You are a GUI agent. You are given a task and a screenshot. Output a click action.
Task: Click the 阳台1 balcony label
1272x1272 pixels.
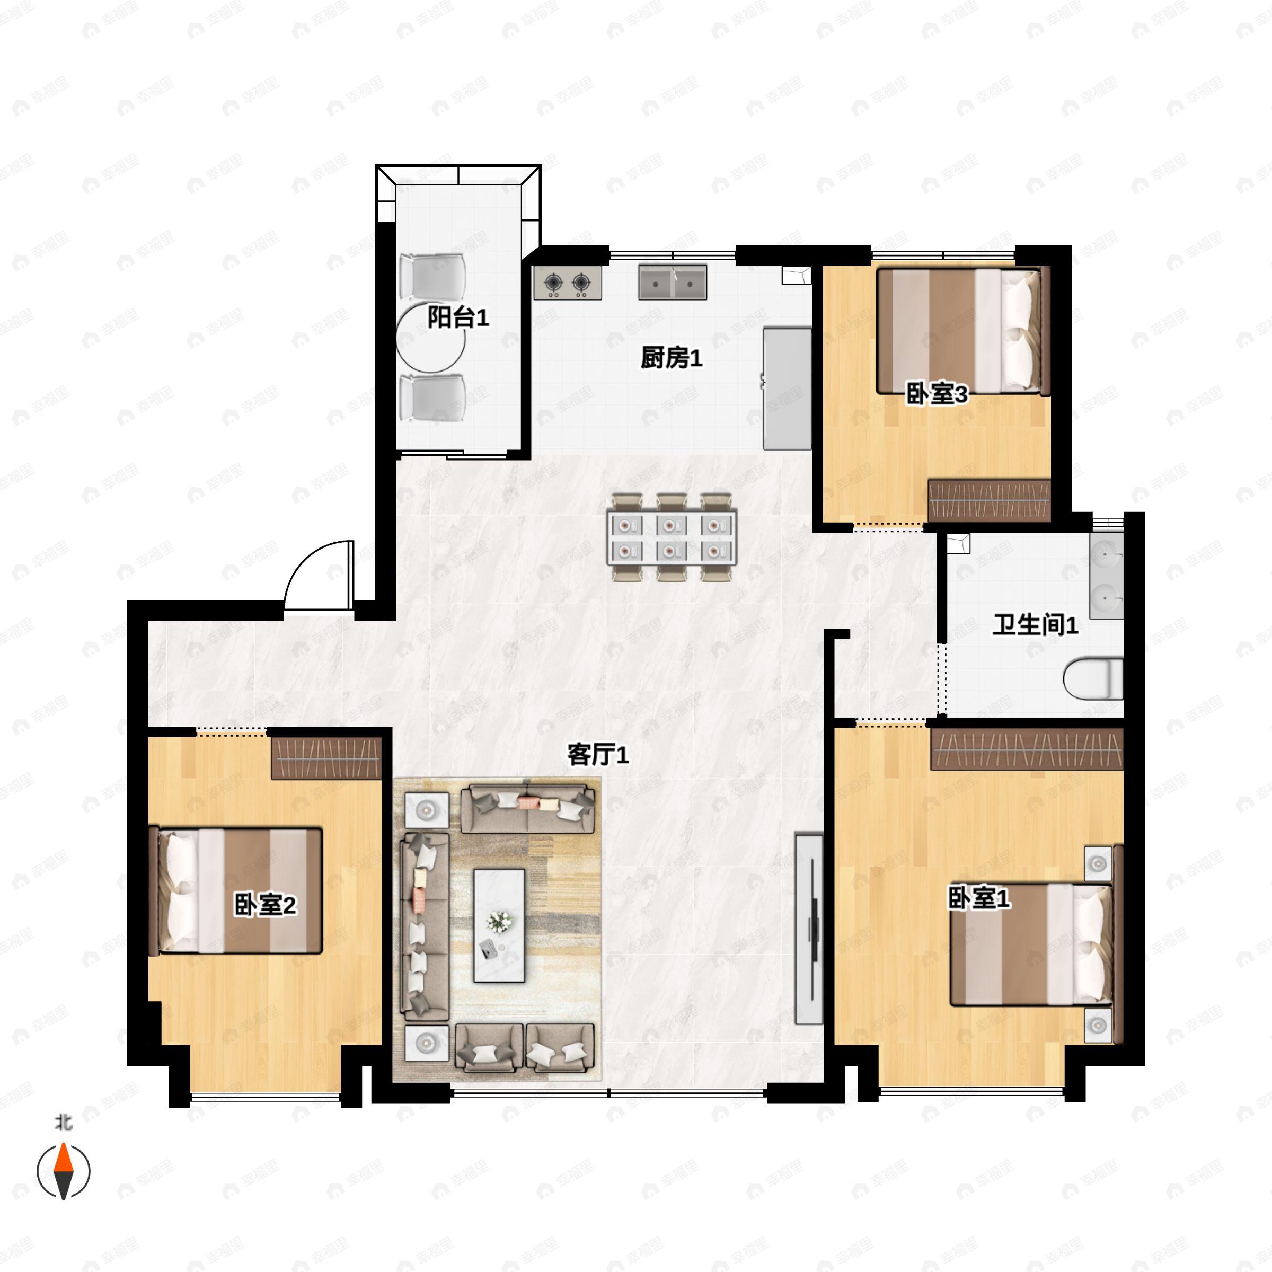pos(458,318)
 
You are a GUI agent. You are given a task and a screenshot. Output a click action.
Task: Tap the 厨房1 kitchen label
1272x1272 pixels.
pos(672,358)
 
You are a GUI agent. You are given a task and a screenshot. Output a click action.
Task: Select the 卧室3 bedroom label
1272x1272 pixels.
pos(937,394)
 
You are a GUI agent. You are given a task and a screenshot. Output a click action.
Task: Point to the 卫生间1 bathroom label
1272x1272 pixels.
pos(1036,625)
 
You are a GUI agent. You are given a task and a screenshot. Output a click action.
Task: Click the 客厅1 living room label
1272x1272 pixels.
pos(598,755)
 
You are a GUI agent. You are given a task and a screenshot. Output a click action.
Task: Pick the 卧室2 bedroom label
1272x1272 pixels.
pos(266,905)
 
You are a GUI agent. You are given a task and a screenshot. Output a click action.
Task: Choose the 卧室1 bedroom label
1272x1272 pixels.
pos(979,897)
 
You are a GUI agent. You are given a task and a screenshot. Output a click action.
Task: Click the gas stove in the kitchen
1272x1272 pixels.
pos(568,283)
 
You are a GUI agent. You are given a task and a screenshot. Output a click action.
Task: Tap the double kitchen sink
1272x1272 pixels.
pos(672,282)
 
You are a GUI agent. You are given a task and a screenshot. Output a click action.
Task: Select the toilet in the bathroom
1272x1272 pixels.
pos(1093,678)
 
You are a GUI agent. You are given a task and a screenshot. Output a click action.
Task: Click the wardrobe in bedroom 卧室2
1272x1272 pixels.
pos(326,758)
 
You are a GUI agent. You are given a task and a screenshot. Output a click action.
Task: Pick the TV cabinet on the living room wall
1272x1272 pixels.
pos(809,929)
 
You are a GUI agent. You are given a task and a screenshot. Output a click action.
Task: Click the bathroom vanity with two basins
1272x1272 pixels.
pos(1106,577)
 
